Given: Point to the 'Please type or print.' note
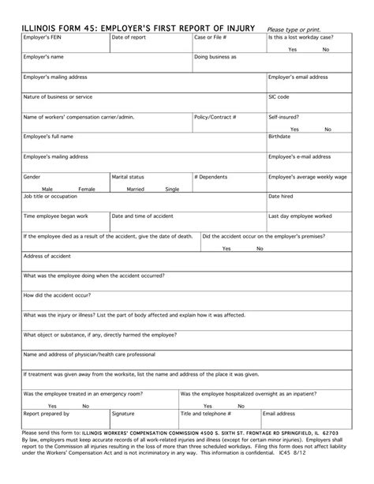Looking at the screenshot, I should coord(299,29).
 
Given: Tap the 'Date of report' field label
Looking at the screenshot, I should coord(129,38).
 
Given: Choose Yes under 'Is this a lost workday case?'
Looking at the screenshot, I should coord(293,50).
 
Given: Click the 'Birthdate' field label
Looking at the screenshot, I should coord(282,137).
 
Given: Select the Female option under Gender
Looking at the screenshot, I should coord(86,189).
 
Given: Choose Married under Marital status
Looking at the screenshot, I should coord(136,189).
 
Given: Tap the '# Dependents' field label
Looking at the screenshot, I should coord(211,177).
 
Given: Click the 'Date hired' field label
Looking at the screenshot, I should coord(282,197).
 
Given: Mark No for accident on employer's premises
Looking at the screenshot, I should coord(260,248).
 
